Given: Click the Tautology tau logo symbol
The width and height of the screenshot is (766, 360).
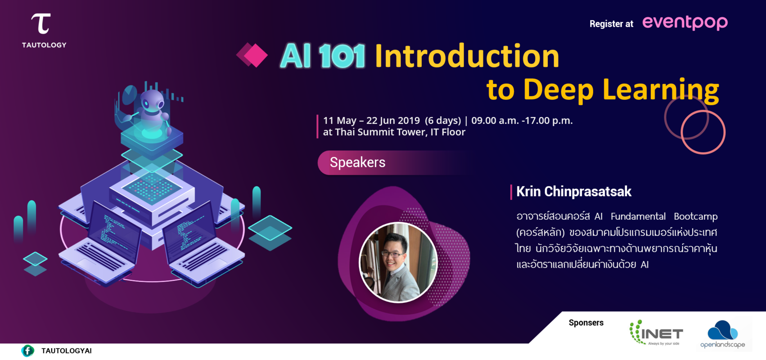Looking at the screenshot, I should (41, 23).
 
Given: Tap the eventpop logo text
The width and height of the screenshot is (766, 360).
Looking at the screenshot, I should (685, 22).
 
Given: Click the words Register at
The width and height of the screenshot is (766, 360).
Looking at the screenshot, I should (611, 24).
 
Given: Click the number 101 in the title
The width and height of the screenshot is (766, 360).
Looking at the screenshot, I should (342, 57).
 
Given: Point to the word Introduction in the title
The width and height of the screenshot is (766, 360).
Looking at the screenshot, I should (467, 56).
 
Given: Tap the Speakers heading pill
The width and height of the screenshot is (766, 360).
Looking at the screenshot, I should (357, 162).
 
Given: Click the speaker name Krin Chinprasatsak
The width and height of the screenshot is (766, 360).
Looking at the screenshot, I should (573, 192).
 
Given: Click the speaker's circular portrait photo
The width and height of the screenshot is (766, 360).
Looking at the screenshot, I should (398, 262).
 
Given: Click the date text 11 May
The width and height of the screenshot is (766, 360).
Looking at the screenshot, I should (339, 121).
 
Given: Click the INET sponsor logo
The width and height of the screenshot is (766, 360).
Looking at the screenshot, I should (656, 333).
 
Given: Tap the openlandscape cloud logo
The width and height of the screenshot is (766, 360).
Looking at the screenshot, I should (722, 331).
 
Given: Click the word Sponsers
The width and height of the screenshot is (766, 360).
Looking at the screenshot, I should (586, 323).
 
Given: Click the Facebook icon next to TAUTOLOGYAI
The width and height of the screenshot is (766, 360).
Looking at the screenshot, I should (28, 351).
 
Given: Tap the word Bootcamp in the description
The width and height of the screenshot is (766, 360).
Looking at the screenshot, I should (695, 216).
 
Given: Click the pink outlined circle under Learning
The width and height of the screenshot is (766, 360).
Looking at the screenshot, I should (703, 132).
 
